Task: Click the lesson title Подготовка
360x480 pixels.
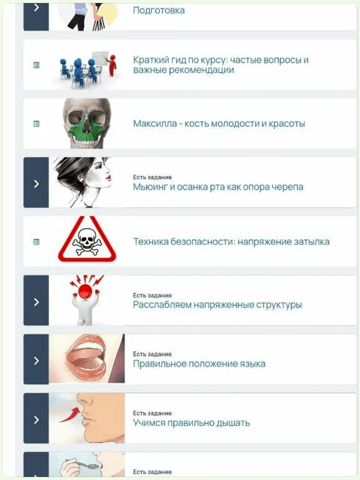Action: [159, 10]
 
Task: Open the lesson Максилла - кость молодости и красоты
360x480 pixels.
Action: [219, 124]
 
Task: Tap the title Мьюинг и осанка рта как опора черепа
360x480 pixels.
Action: [218, 187]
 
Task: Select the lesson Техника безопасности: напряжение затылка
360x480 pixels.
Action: [231, 242]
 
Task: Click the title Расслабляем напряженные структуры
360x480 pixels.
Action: [217, 305]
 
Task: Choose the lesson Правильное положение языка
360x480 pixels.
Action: [199, 364]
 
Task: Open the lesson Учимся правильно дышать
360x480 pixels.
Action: [192, 423]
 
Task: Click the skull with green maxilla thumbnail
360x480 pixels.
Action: [87, 123]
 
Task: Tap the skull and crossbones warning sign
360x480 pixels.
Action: [87, 239]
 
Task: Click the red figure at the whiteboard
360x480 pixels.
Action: [113, 65]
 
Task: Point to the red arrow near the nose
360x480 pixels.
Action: [70, 415]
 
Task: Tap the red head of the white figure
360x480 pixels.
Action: [86, 290]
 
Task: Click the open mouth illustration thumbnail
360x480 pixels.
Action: [87, 359]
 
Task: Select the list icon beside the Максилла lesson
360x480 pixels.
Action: [36, 124]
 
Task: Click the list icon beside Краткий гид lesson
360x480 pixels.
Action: [36, 65]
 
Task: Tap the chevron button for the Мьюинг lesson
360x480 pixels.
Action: [36, 183]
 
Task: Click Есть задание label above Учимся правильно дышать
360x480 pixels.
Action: [152, 413]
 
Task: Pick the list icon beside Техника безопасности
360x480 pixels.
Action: [36, 242]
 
